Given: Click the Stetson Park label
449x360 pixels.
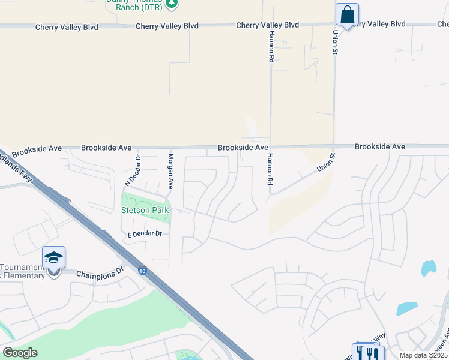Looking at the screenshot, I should (x=145, y=211).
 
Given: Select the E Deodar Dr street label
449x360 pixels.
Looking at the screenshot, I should (x=145, y=233).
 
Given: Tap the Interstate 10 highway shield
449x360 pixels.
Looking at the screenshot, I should (x=142, y=271).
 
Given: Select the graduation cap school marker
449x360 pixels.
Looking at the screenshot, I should (x=53, y=258).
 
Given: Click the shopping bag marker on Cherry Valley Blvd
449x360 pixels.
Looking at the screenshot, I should (x=347, y=14).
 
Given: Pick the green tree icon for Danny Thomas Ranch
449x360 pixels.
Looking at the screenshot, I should (x=172, y=3).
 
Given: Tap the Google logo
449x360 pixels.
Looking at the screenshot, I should (x=20, y=352).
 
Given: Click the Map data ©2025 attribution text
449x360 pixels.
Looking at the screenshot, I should (x=423, y=355).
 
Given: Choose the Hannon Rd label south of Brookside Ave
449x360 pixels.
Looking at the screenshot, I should (x=270, y=168).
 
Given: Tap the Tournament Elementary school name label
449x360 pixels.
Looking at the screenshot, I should (x=23, y=271).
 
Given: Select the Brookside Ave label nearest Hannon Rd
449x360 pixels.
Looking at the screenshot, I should (x=243, y=147).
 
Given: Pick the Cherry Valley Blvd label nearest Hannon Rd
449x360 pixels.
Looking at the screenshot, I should (x=267, y=25).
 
